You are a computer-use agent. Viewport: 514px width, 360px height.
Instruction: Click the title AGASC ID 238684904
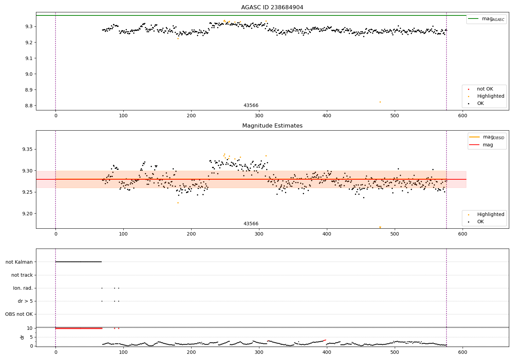click(272, 8)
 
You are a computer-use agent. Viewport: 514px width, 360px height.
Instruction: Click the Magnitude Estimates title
click(272, 126)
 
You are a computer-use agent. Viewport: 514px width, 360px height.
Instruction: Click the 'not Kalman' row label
click(19, 262)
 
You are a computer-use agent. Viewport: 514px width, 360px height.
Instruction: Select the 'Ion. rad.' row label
click(23, 288)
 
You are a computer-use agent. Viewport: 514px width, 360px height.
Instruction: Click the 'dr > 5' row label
click(25, 301)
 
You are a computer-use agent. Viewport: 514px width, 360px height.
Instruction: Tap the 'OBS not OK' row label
click(19, 314)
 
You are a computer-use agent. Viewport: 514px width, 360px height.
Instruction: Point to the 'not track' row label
click(22, 275)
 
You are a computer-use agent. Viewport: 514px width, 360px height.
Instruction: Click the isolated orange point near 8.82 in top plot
click(380, 102)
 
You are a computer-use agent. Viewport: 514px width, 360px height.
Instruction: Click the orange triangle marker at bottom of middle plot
click(380, 227)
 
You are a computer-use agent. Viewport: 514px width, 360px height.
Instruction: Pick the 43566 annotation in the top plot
click(251, 106)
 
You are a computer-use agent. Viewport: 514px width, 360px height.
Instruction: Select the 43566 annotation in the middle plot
click(251, 224)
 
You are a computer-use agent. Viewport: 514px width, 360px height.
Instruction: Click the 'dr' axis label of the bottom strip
click(22, 337)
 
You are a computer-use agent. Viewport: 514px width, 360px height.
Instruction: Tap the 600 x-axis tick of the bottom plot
click(463, 352)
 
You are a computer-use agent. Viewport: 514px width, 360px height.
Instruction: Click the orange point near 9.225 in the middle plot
click(178, 203)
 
